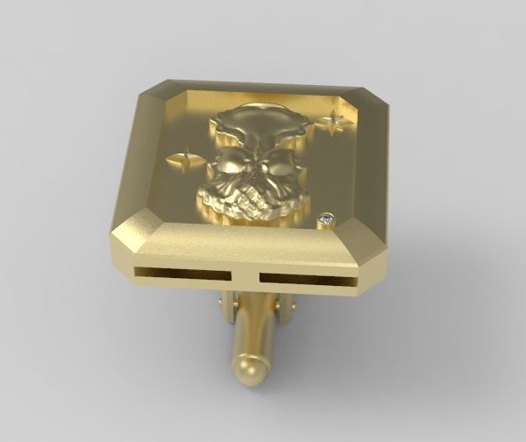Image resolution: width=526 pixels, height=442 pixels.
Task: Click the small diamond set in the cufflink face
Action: coord(328,217)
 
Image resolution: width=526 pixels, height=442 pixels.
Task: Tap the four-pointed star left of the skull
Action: coord(184,160)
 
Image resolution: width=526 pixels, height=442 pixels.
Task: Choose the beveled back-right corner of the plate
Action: coord(373,99)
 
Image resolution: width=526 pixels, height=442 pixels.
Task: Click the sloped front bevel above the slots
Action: coord(245,246)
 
